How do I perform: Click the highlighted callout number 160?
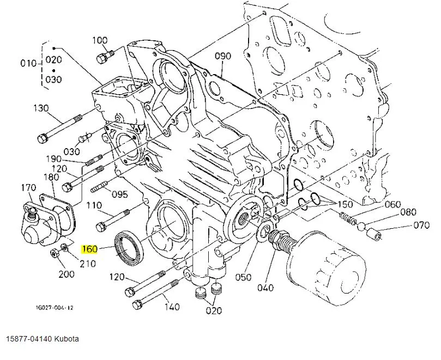[89, 250]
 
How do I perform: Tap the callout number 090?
[222, 56]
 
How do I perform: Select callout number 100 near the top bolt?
[100, 40]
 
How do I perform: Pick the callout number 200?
[67, 274]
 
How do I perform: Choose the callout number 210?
[88, 264]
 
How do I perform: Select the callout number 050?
[244, 278]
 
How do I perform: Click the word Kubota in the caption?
[66, 339]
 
